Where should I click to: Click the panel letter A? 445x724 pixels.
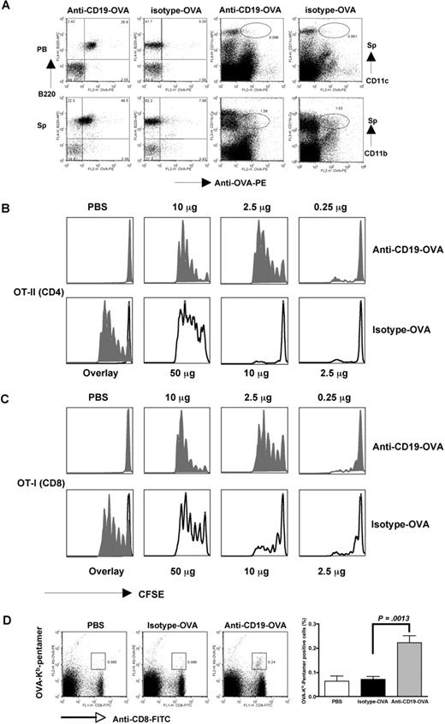pos(8,7)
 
